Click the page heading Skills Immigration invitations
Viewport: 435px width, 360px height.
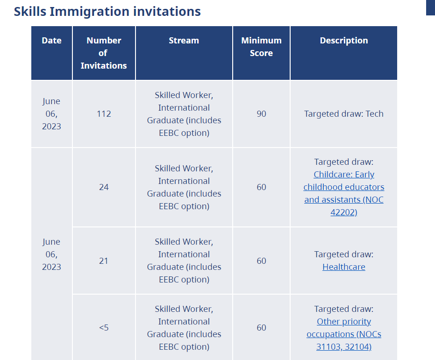pyautogui.click(x=107, y=11)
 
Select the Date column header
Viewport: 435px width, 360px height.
pyautogui.click(x=51, y=41)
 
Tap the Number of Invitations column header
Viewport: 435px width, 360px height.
pyautogui.click(x=104, y=53)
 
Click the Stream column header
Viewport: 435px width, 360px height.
pyautogui.click(x=184, y=41)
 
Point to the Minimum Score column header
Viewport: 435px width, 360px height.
pyautogui.click(x=261, y=47)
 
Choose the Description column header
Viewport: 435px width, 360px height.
pyautogui.click(x=344, y=41)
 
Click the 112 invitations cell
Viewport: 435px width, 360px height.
pyautogui.click(x=104, y=113)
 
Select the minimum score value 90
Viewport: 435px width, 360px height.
pyautogui.click(x=261, y=113)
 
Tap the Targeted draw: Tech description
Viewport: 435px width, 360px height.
pyautogui.click(x=344, y=113)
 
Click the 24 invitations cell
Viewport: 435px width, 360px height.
pyautogui.click(x=104, y=187)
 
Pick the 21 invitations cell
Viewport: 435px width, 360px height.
pyautogui.click(x=104, y=261)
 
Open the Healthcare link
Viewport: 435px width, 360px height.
pyautogui.click(x=344, y=267)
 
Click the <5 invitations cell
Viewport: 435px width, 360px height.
pyautogui.click(x=104, y=327)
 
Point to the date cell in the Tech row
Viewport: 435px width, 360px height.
pyautogui.click(x=51, y=113)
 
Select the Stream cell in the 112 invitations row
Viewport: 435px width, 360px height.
pyautogui.click(x=184, y=113)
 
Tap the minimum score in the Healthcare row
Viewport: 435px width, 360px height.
pyautogui.click(x=261, y=261)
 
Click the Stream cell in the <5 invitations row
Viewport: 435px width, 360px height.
pyautogui.click(x=184, y=327)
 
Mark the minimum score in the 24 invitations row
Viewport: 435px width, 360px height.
pyautogui.click(x=261, y=187)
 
